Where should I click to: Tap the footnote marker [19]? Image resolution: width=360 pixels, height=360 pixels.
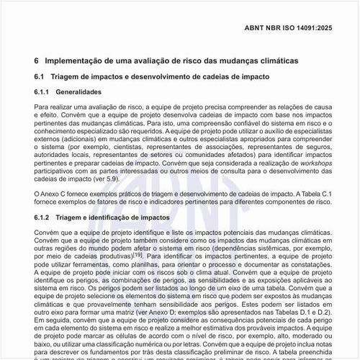(x=137, y=255)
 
